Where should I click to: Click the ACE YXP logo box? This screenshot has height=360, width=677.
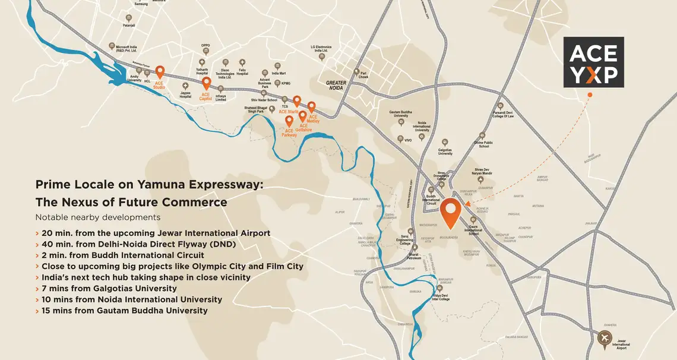click(x=593, y=62)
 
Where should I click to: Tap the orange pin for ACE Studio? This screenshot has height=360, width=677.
click(x=160, y=72)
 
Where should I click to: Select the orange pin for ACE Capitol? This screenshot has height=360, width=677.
click(x=206, y=83)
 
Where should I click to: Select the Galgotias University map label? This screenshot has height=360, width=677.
click(x=445, y=151)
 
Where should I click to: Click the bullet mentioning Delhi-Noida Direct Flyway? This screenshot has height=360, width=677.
click(x=140, y=244)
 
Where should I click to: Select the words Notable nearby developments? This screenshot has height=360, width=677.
click(x=97, y=217)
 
